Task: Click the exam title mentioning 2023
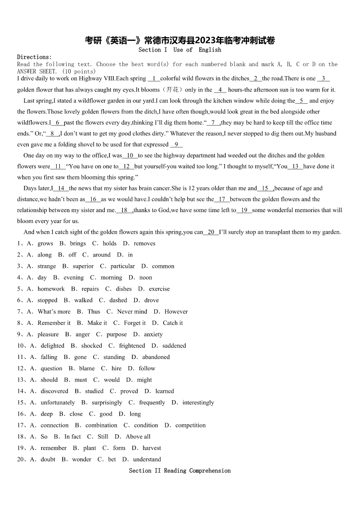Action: point(180,40)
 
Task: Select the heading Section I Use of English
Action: point(180,50)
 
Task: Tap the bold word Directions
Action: point(34,57)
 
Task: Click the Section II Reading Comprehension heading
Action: point(180,470)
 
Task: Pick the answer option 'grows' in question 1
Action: point(45,243)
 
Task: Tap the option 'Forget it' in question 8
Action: point(135,323)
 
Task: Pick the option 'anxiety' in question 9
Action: point(153,334)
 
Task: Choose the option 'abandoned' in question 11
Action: point(156,357)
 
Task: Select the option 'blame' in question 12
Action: point(87,368)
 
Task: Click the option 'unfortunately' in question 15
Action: point(58,402)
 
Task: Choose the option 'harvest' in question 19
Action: point(151,448)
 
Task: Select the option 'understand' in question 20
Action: point(147,459)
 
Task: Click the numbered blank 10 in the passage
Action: point(130,155)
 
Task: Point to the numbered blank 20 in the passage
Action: point(211,232)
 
